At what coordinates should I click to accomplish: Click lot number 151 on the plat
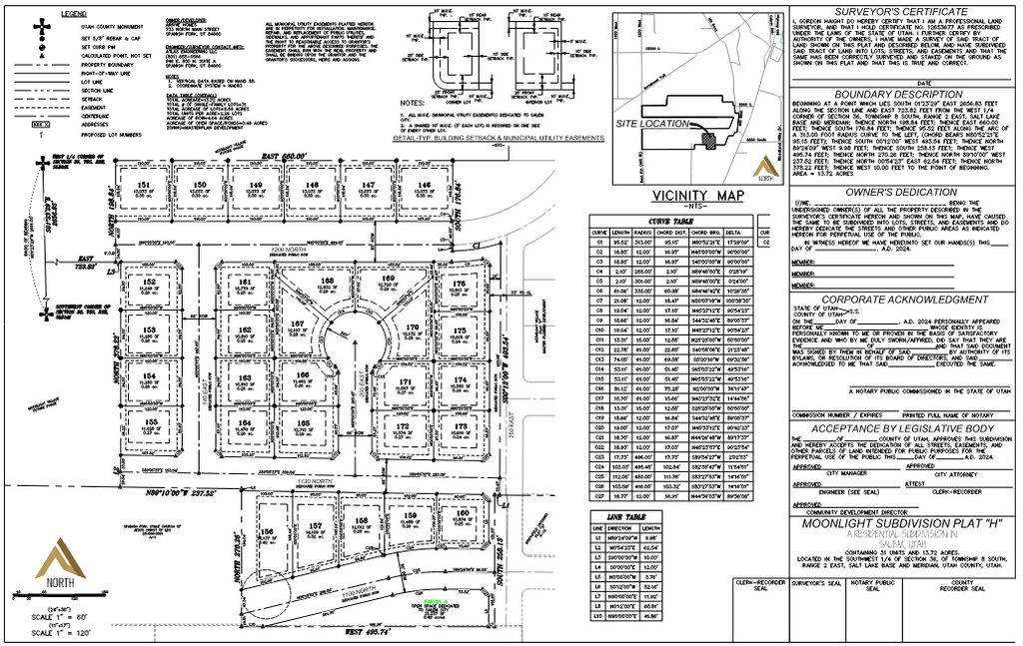coord(144,186)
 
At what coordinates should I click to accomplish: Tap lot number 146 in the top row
coord(425,186)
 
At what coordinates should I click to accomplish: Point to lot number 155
coord(151,423)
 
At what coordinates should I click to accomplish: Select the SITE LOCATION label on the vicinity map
coord(652,124)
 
